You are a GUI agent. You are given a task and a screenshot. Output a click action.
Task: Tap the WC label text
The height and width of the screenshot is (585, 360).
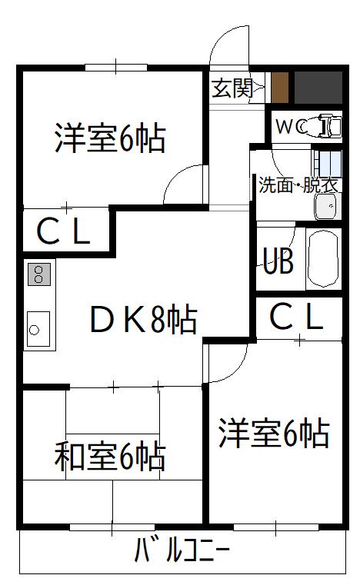(292, 127)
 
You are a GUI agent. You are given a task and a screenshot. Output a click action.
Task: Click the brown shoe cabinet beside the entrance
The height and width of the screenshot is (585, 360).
(280, 88)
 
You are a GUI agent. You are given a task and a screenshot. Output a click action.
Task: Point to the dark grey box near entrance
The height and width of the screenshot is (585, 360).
(318, 88)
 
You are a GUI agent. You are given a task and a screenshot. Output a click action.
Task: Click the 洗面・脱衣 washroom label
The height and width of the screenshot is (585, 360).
(298, 184)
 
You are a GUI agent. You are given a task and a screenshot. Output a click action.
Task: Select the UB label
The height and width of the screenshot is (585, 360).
(278, 261)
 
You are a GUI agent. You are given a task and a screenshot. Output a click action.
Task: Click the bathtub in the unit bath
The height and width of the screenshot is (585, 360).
(323, 259)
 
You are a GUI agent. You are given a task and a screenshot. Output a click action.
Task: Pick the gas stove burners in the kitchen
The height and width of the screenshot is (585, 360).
(38, 274)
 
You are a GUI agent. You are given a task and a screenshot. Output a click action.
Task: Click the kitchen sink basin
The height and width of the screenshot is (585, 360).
(38, 329)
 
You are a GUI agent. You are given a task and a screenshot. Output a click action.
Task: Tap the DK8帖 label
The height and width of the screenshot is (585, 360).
(144, 319)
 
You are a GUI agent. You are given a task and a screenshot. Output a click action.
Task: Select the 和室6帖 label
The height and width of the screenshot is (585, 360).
(110, 457)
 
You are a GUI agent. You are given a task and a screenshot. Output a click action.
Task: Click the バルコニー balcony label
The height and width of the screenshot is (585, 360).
(182, 550)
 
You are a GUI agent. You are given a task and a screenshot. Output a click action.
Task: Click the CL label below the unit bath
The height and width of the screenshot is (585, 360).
(296, 317)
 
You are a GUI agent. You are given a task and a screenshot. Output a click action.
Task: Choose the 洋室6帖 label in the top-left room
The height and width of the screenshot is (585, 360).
(110, 138)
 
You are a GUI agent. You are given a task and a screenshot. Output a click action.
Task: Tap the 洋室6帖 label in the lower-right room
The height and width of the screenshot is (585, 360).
(274, 434)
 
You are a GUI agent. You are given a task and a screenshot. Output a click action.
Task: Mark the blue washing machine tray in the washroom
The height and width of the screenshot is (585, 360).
(327, 164)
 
